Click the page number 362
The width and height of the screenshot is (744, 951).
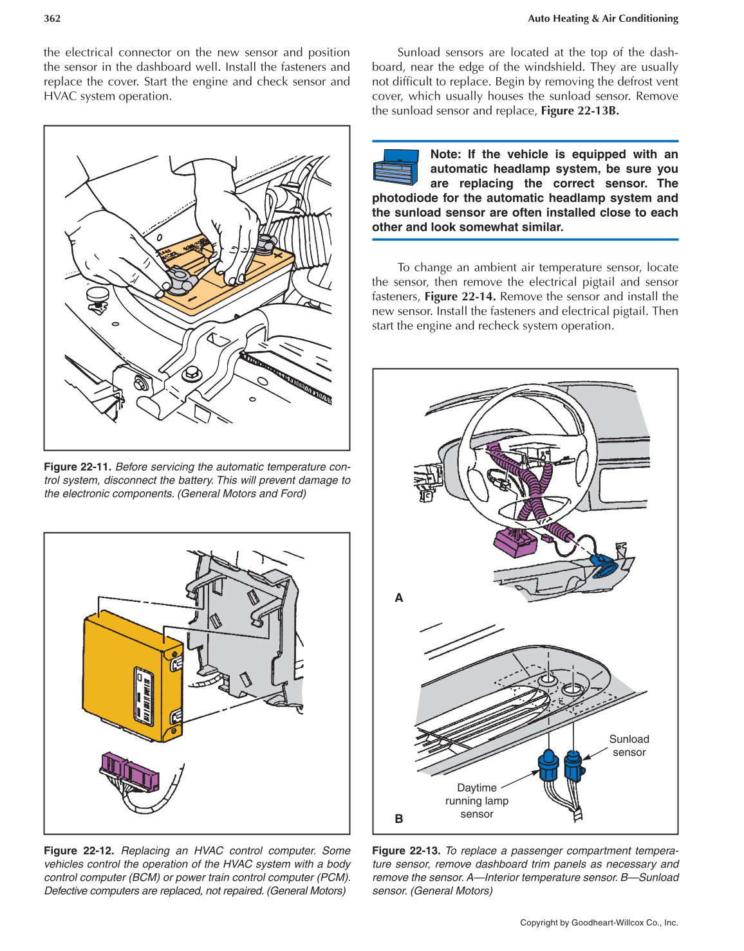pyautogui.click(x=52, y=19)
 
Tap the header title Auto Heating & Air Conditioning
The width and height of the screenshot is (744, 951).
pyautogui.click(x=602, y=19)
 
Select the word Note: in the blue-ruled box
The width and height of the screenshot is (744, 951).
pyautogui.click(x=445, y=154)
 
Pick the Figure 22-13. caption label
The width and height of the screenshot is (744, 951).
pyautogui.click(x=407, y=851)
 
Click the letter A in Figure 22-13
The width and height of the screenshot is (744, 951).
pyautogui.click(x=399, y=598)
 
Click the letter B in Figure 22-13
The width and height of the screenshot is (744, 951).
pyautogui.click(x=399, y=819)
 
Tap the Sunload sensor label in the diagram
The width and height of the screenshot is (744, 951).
pyautogui.click(x=629, y=746)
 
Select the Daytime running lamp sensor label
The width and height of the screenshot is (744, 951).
pyautogui.click(x=477, y=801)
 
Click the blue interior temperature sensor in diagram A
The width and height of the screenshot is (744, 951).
pyautogui.click(x=604, y=566)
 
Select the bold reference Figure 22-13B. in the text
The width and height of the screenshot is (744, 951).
pyautogui.click(x=579, y=111)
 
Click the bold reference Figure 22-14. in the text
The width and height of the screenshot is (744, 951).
pyautogui.click(x=460, y=296)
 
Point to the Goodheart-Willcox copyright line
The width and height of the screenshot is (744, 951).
pyautogui.click(x=599, y=923)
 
